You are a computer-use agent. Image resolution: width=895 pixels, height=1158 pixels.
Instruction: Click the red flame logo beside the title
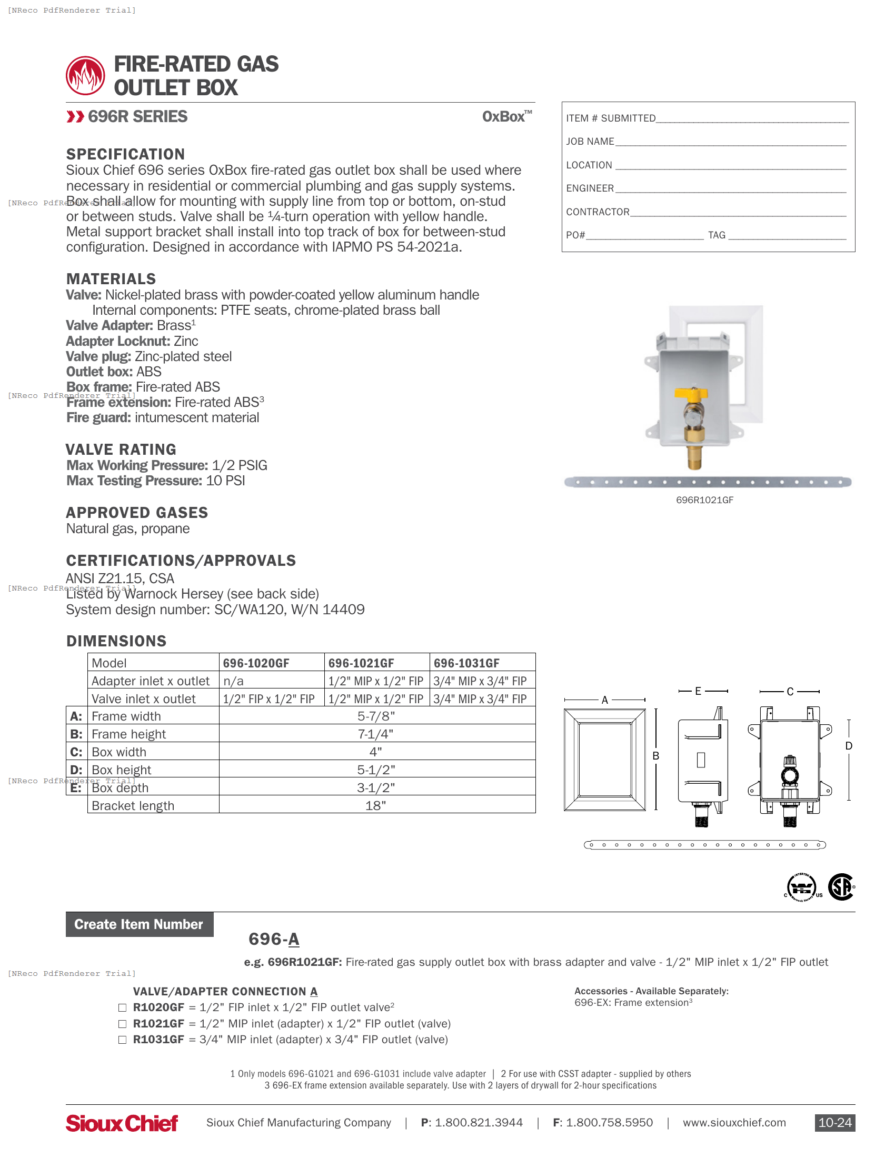tap(85, 76)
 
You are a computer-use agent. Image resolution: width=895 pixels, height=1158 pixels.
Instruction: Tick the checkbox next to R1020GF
tap(123, 1007)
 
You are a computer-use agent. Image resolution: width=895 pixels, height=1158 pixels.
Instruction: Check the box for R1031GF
tap(123, 1040)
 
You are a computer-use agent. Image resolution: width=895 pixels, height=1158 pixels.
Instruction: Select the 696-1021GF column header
tap(361, 663)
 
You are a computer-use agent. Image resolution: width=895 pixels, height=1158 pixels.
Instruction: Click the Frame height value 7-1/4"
tap(375, 734)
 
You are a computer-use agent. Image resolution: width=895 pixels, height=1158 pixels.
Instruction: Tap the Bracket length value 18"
tap(375, 805)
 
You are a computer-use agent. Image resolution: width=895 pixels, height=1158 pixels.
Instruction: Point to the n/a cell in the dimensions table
tap(233, 681)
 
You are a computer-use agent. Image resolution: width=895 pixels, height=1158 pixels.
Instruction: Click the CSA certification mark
tap(841, 886)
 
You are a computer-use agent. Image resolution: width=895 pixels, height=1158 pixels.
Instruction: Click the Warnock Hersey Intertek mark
tap(802, 887)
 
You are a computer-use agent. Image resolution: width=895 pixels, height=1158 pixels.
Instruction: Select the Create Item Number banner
tap(139, 924)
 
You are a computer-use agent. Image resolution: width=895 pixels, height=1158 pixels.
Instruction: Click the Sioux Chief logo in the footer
tap(122, 1123)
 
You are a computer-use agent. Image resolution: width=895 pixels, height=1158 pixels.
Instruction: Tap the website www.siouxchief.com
tap(734, 1123)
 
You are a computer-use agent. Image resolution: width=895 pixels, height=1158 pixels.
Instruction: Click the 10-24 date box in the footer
tap(834, 1123)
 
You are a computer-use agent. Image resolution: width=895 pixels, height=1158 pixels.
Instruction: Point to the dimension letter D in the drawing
tap(848, 746)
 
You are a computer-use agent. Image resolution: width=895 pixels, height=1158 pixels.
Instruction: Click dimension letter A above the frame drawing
tap(604, 700)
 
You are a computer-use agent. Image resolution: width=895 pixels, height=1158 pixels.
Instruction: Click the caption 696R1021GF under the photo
tap(704, 500)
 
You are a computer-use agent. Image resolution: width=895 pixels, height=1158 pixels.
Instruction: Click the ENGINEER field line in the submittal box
tap(730, 189)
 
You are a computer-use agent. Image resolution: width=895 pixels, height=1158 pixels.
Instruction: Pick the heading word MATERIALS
tap(111, 279)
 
